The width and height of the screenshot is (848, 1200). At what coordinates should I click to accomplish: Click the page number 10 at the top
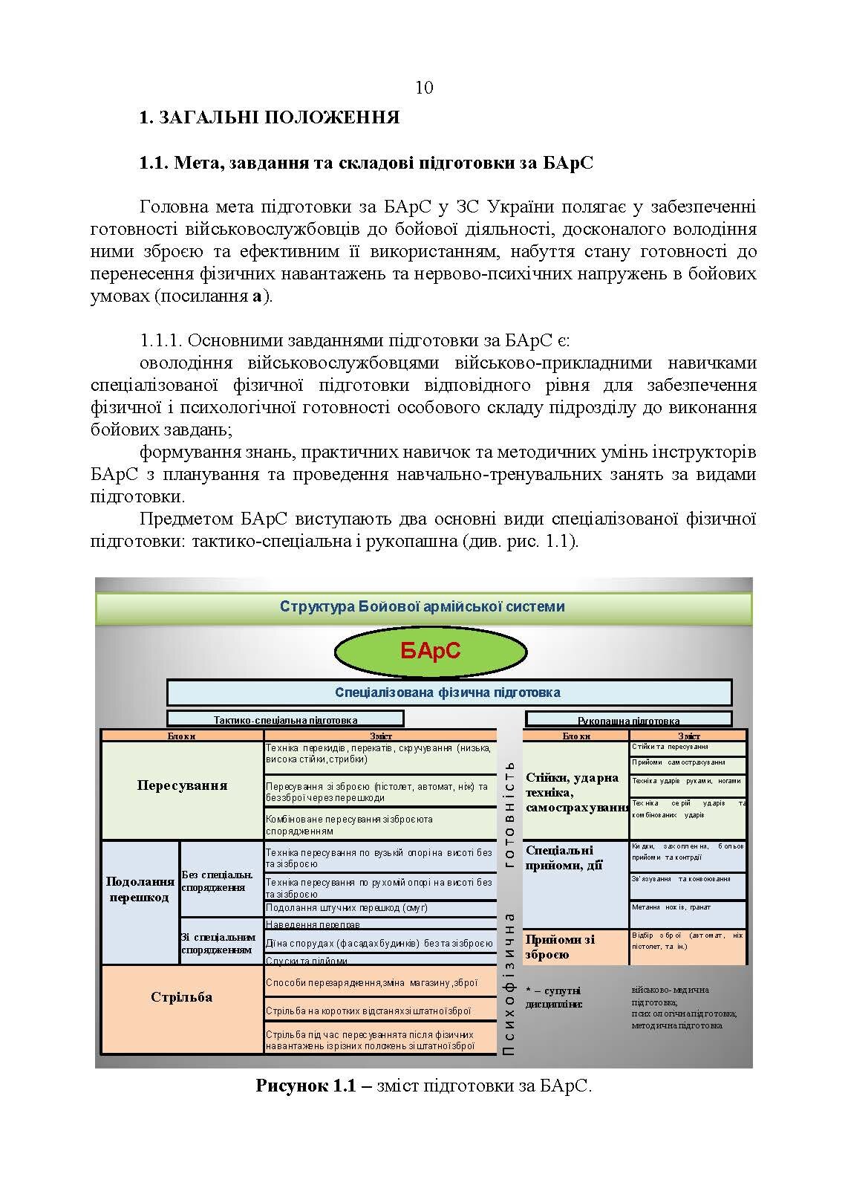424,88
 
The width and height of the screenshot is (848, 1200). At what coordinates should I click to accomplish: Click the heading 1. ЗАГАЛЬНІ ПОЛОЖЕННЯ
270,117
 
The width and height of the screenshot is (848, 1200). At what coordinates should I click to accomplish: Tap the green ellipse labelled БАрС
431,652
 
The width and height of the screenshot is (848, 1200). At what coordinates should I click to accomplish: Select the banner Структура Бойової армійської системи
423,607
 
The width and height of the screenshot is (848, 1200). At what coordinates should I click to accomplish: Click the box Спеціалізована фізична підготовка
449,693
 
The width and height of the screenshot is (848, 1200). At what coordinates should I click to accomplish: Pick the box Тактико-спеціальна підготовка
285,719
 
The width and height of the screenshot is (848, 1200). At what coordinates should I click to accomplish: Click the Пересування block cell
182,786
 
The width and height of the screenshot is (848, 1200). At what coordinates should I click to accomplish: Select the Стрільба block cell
182,998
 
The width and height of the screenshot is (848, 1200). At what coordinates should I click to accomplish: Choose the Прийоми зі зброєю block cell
575,947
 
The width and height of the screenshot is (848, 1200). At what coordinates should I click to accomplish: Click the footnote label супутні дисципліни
555,998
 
